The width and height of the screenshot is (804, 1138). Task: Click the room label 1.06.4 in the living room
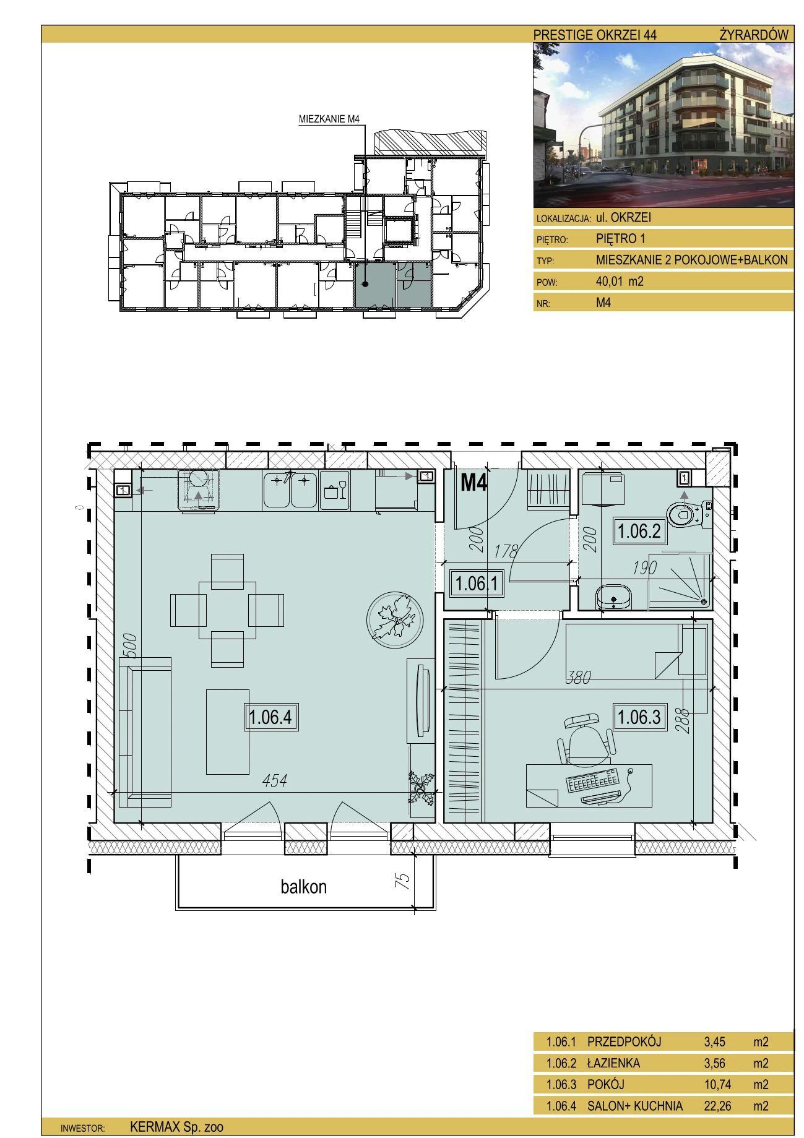(x=270, y=717)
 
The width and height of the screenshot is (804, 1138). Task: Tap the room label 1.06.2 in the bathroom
(x=639, y=530)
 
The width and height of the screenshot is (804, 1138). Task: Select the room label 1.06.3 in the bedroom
(x=639, y=717)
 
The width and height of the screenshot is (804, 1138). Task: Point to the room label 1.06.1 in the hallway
(x=477, y=583)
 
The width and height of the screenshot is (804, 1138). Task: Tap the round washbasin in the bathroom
(x=613, y=597)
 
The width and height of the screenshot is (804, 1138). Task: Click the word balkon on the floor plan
(x=303, y=887)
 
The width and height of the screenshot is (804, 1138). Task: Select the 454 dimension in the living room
(x=274, y=780)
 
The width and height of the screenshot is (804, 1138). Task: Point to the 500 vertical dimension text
(x=130, y=646)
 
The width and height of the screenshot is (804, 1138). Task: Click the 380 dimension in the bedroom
(x=579, y=678)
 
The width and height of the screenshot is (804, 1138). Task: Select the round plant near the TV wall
(x=395, y=621)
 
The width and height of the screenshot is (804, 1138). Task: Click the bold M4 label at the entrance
(x=474, y=482)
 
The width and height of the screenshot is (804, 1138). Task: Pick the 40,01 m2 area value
(x=620, y=282)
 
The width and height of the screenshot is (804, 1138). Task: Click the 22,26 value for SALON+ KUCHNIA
(x=717, y=1105)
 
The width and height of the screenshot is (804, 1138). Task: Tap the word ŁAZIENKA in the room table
(x=613, y=1063)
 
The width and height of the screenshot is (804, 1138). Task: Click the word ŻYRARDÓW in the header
(x=754, y=35)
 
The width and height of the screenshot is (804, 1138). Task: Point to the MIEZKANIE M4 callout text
(x=329, y=119)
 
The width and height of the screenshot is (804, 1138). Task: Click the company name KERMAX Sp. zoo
(x=176, y=1127)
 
